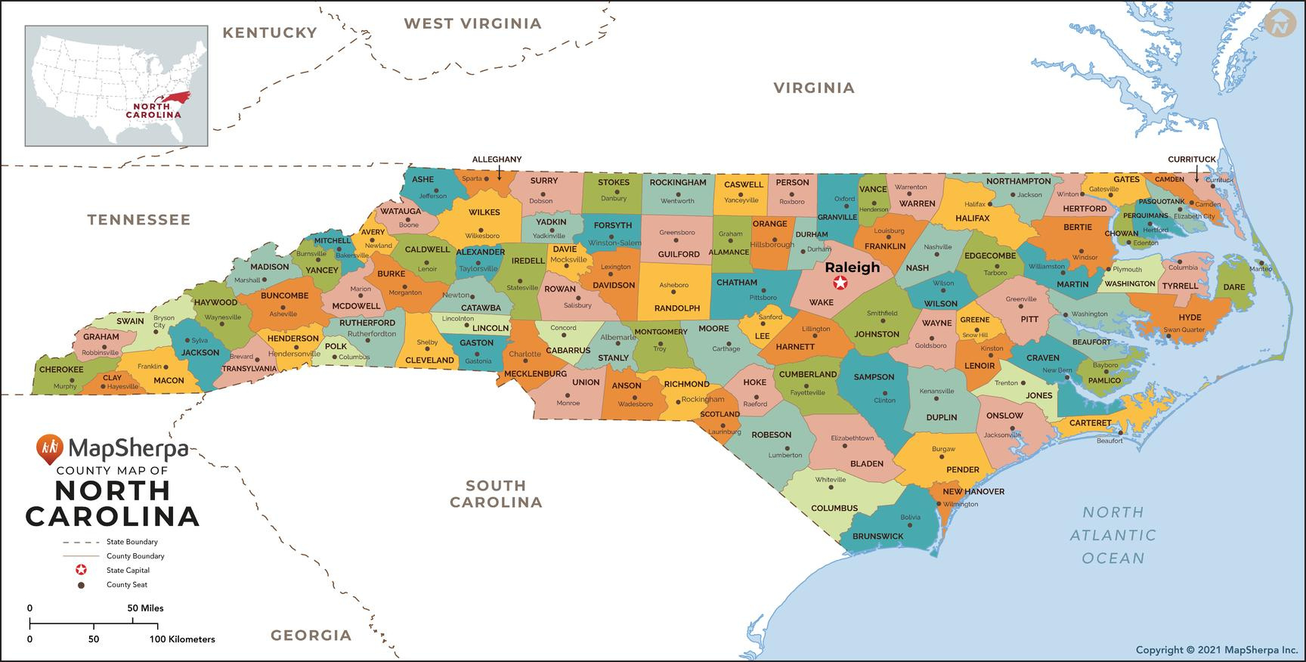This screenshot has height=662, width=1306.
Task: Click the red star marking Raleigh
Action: [840, 283]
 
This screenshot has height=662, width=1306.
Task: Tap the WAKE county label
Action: [822, 302]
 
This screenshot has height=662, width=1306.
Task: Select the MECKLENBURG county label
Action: [535, 373]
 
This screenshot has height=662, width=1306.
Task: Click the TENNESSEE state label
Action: [138, 220]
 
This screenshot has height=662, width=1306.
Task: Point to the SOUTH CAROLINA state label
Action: [496, 493]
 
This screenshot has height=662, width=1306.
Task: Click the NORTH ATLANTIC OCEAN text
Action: [1113, 535]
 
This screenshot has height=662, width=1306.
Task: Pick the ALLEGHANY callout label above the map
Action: [497, 159]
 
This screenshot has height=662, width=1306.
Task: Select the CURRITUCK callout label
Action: [1192, 159]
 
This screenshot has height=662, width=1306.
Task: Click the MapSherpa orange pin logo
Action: [49, 449]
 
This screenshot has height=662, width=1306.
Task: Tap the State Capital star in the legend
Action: [81, 570]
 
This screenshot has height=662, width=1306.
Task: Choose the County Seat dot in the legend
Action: [81, 585]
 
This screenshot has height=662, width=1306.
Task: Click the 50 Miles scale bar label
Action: [145, 608]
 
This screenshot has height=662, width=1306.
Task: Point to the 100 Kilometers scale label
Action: [182, 639]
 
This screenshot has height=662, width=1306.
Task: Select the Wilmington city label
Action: [961, 504]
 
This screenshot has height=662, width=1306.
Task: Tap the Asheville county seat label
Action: [283, 314]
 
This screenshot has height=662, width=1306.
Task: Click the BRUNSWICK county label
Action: [877, 536]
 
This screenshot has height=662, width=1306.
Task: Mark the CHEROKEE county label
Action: [61, 370]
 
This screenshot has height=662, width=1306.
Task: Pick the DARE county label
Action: [1233, 287]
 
